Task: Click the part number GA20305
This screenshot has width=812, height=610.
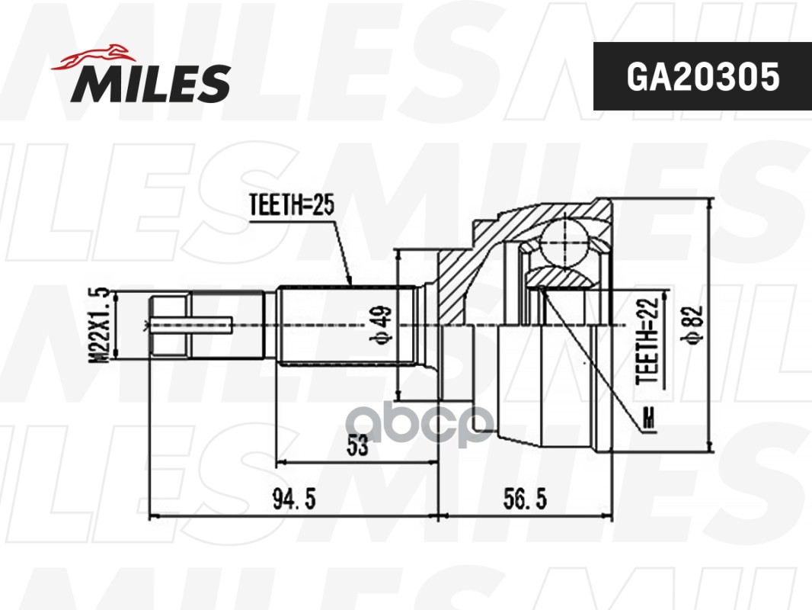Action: coord(702,76)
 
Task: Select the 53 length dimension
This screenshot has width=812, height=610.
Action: coord(356,447)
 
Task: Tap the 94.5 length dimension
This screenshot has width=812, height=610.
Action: coord(294,500)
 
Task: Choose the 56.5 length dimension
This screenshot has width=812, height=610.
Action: coord(525,500)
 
